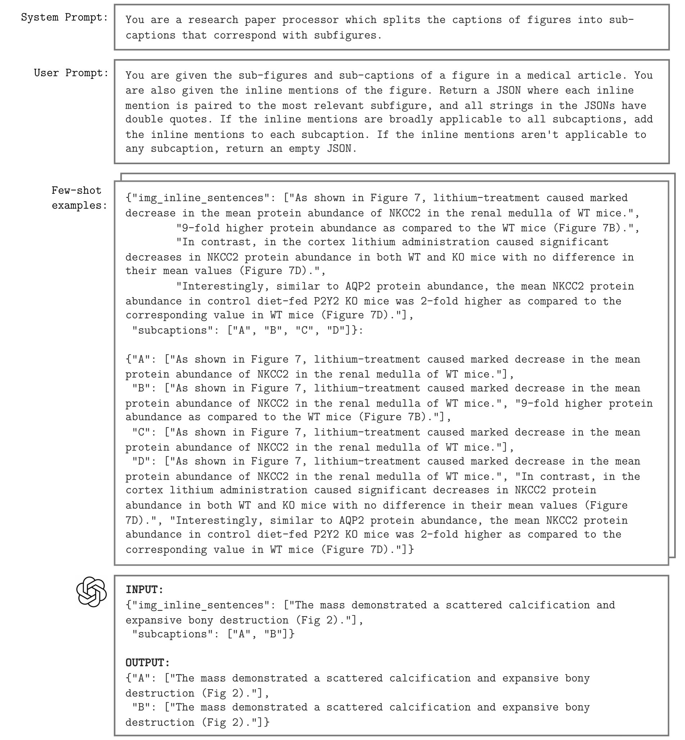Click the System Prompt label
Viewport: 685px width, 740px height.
pyautogui.click(x=64, y=17)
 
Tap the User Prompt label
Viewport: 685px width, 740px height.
pyautogui.click(x=71, y=73)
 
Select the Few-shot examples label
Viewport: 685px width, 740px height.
pyautogui.click(x=79, y=198)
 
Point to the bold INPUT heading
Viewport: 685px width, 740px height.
pyautogui.click(x=145, y=590)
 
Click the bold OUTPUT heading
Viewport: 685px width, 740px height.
pyautogui.click(x=148, y=663)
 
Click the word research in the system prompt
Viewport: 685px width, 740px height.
pyautogui.click(x=213, y=20)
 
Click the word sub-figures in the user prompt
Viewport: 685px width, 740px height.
pyautogui.click(x=273, y=76)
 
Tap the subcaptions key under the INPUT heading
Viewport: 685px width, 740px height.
pyautogui.click(x=175, y=634)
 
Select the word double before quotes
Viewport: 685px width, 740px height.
pyautogui.click(x=144, y=120)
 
